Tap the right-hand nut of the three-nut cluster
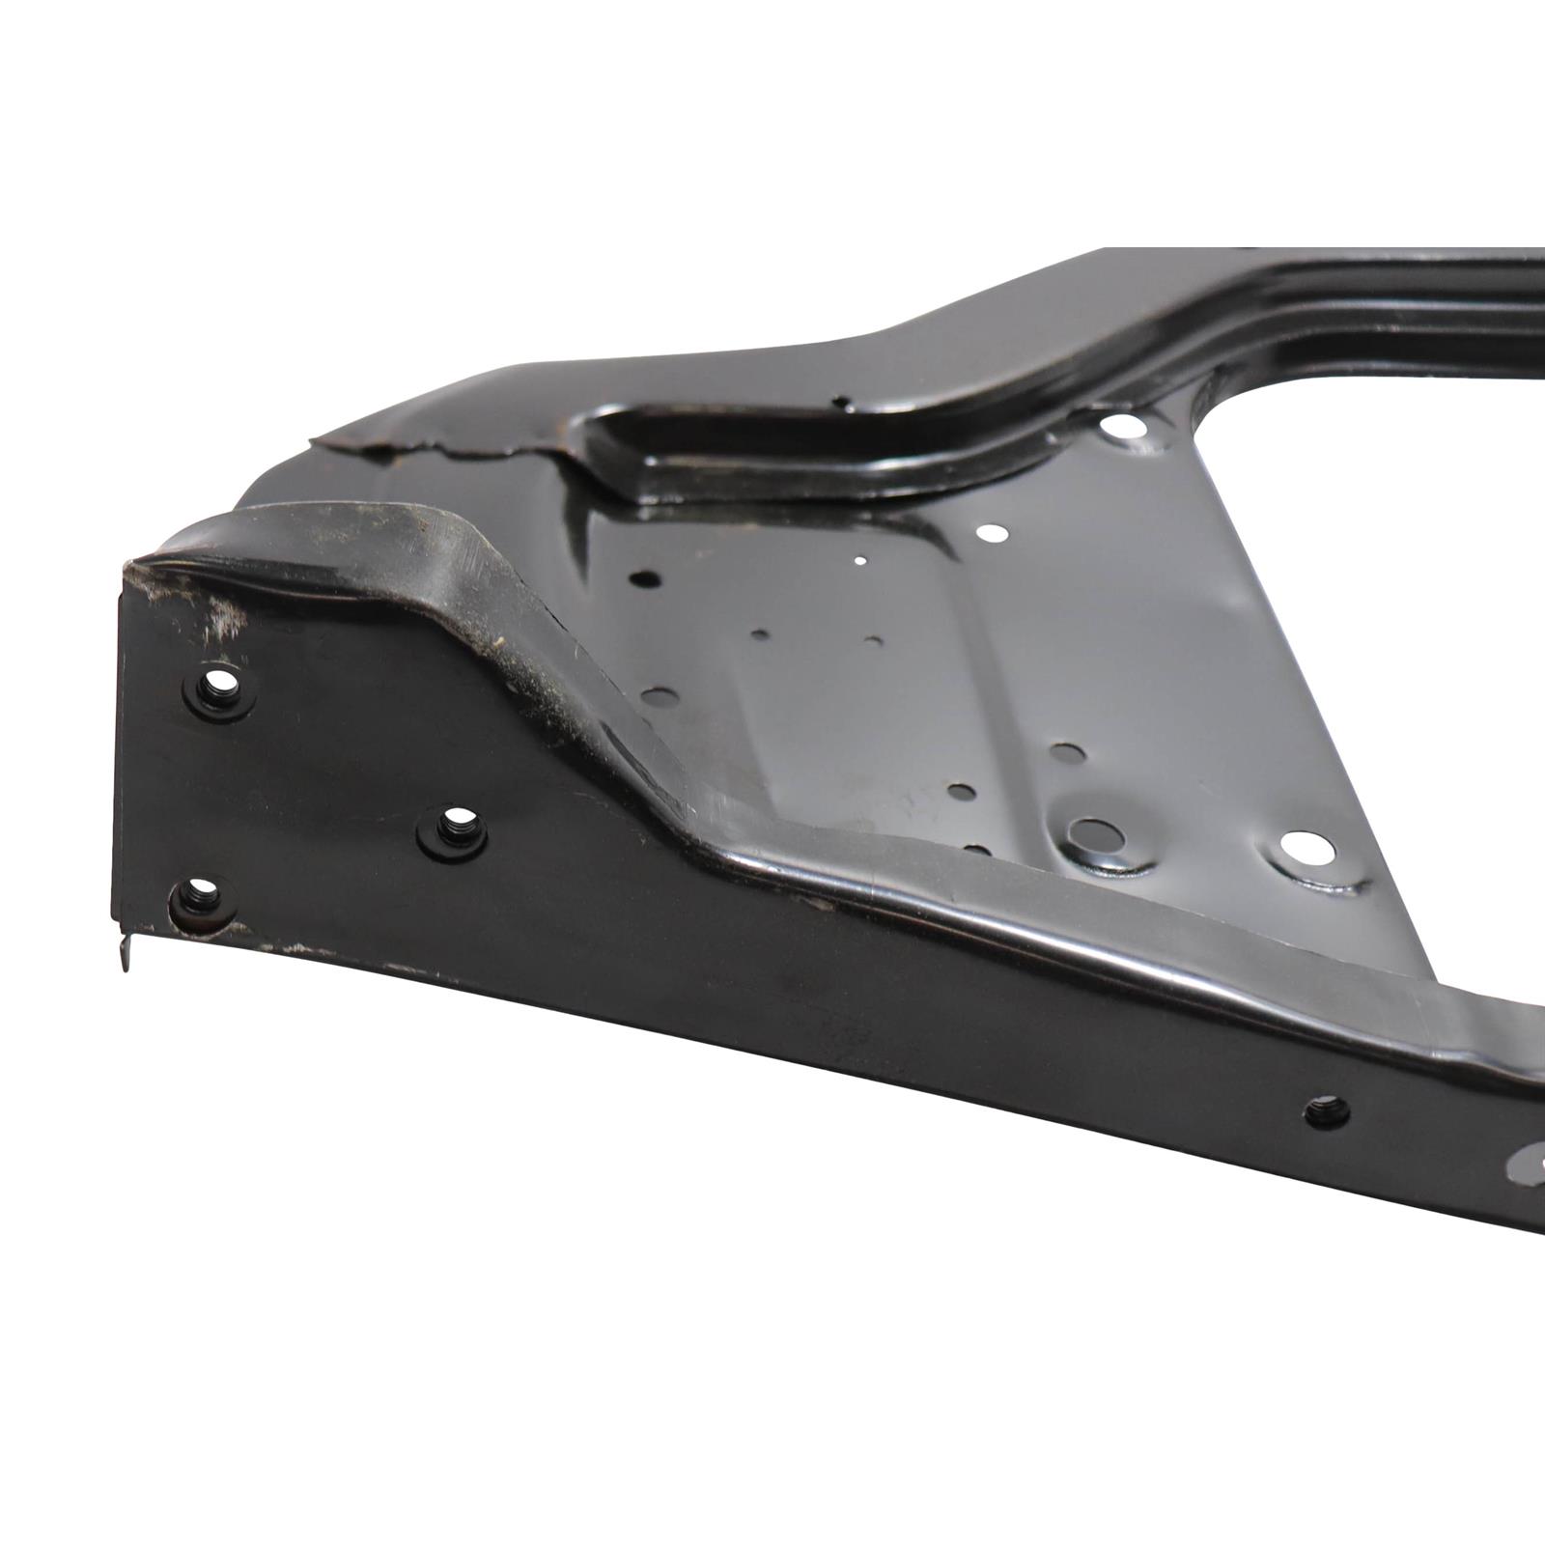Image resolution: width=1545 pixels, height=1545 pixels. click(x=452, y=829)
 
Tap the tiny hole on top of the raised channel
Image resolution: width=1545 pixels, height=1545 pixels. click(x=843, y=399)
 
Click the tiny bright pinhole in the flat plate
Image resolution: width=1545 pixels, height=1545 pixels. click(x=860, y=559)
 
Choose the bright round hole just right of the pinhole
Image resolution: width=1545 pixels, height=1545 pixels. click(x=992, y=532)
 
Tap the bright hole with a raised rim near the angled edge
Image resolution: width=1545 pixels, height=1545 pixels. click(x=1307, y=848)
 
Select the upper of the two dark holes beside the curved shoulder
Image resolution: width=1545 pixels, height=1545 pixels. click(x=645, y=579)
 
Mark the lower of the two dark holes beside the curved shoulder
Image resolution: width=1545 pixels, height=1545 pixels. click(x=659, y=695)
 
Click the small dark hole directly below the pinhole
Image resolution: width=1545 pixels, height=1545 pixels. click(x=873, y=640)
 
